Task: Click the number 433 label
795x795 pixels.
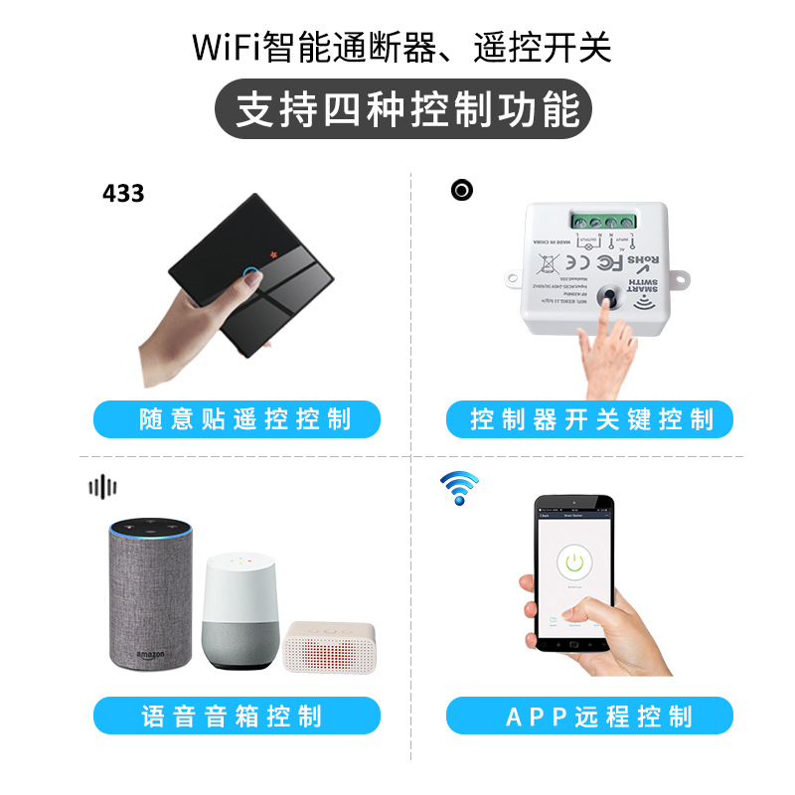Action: click(x=123, y=193)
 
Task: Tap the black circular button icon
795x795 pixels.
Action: click(x=461, y=189)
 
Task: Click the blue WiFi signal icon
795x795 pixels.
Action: click(x=459, y=487)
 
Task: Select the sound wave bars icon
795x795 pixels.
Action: click(x=102, y=486)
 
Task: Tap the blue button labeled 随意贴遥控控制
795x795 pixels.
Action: click(x=237, y=419)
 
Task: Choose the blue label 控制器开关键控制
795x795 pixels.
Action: click(x=589, y=419)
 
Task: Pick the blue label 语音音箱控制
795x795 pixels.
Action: click(x=237, y=715)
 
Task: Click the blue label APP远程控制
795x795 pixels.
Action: click(x=589, y=715)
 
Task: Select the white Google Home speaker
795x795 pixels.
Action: click(x=238, y=611)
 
